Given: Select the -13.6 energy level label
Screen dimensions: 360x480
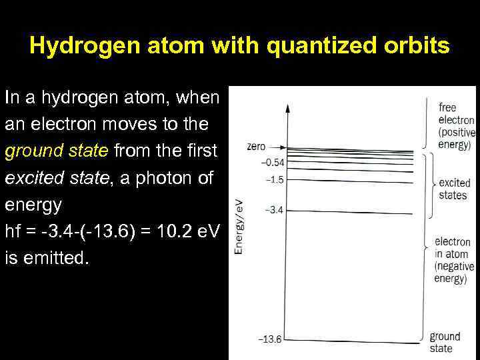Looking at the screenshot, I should tap(269, 339).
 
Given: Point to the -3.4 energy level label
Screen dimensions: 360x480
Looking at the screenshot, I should tap(274, 211).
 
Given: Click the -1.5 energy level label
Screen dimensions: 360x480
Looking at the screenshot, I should tap(274, 179).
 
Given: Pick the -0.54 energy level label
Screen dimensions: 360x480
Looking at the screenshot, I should tap(272, 163).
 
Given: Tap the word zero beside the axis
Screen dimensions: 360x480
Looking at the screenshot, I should tap(256, 147).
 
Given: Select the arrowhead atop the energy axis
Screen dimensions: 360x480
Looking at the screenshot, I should tap(288, 107).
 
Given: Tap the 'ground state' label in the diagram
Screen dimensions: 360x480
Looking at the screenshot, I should tap(444, 342).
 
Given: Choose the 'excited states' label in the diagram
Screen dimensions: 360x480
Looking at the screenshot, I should tap(454, 189).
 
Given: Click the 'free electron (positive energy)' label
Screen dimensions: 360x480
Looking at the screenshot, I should tap(456, 126).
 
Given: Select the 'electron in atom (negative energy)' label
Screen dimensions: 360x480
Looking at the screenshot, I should tap(454, 260).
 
